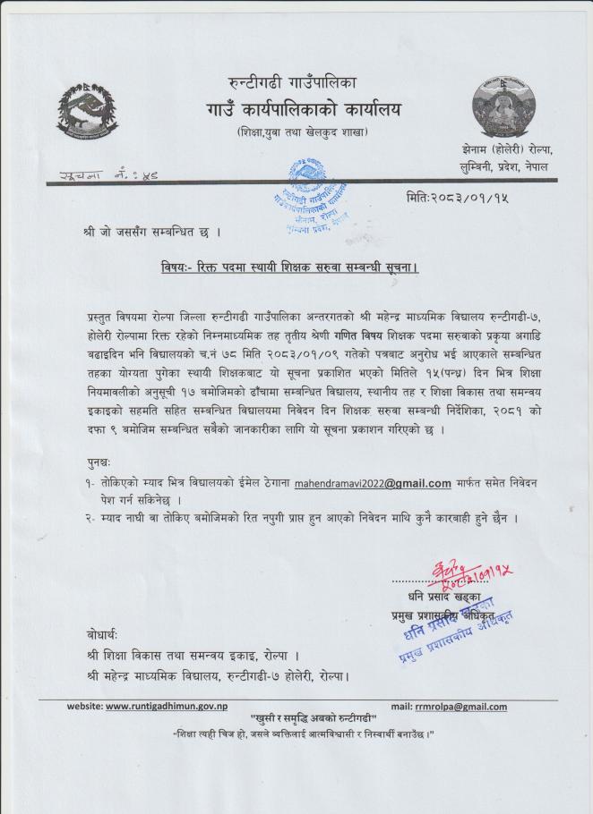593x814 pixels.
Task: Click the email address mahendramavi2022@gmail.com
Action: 372,483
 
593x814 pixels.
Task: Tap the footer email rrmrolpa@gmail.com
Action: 460,706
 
